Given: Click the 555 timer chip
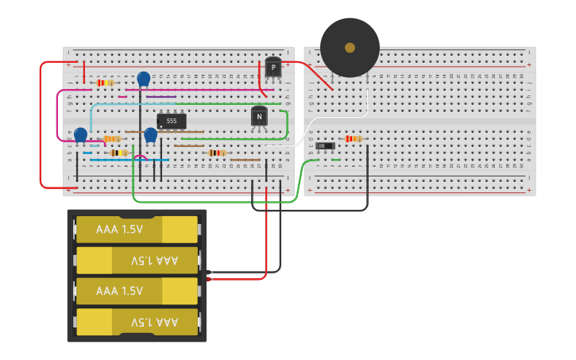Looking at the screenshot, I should click(x=172, y=121).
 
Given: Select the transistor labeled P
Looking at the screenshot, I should click(x=273, y=68).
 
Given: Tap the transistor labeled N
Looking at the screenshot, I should click(x=259, y=117).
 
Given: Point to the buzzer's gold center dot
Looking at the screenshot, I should click(x=350, y=48).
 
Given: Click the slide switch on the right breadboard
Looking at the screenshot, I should click(x=325, y=145).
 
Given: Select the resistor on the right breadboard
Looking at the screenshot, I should click(x=353, y=138).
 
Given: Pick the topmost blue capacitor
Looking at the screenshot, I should click(x=144, y=79).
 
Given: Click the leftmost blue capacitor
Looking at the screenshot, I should click(x=80, y=134).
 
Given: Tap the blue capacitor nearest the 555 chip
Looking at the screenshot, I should click(x=150, y=134).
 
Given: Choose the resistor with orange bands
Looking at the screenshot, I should click(x=112, y=138).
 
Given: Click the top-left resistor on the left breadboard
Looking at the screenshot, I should click(x=105, y=83).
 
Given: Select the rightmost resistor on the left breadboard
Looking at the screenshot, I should click(x=216, y=153).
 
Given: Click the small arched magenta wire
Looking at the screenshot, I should click(x=141, y=157).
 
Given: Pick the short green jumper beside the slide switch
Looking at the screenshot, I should click(x=336, y=160).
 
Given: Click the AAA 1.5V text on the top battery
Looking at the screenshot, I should click(x=119, y=229).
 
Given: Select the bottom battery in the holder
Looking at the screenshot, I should click(x=137, y=322).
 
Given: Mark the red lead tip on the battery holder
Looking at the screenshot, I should click(x=210, y=279).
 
